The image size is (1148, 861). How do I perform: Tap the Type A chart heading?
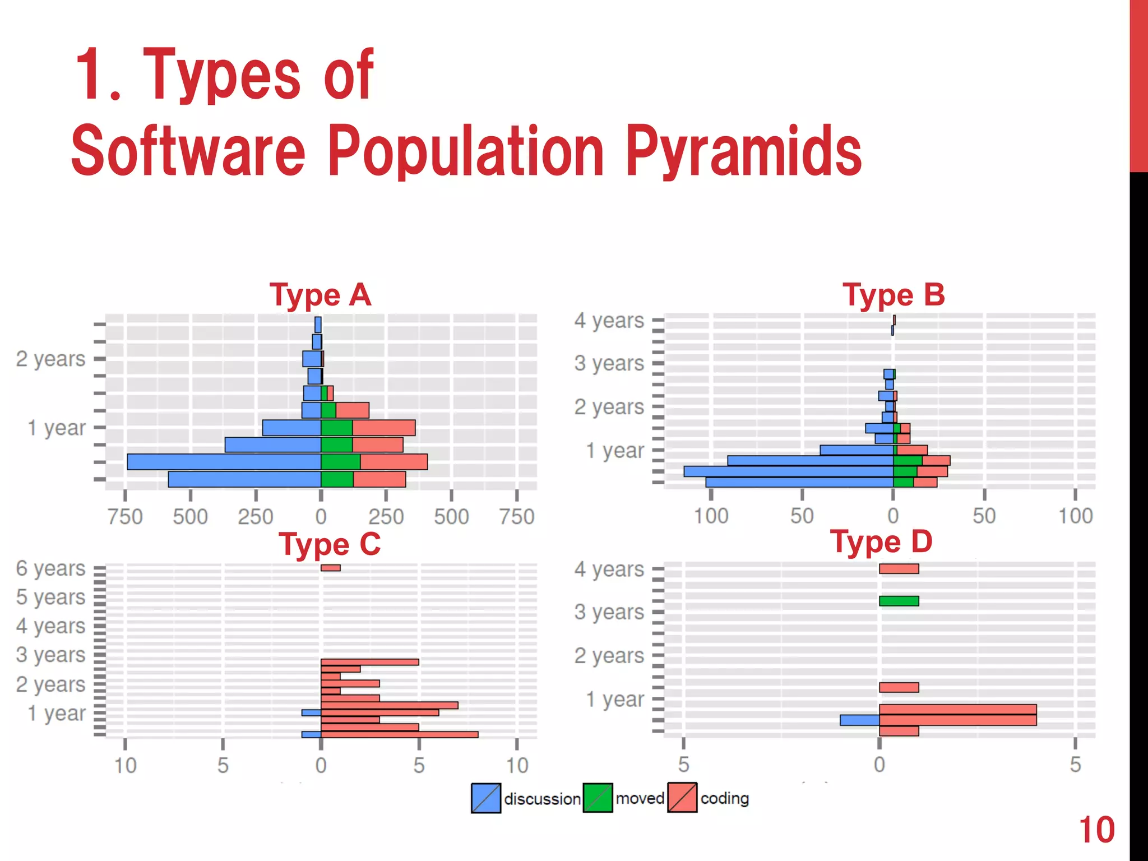320,295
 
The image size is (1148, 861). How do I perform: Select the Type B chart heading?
894,295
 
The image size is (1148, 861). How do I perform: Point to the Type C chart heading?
330,544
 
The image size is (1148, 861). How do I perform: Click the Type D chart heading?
881,542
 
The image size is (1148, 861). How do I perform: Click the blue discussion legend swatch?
486,798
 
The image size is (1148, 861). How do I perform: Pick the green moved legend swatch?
598,798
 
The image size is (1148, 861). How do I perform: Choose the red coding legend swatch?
682,798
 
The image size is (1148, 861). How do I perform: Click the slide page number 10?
1096,830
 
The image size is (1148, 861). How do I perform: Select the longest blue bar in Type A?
224,462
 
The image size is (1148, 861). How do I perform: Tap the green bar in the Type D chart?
899,601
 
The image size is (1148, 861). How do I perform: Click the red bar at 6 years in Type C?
331,568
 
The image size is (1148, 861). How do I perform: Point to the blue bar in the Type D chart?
859,720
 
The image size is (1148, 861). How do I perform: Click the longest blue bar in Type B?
788,471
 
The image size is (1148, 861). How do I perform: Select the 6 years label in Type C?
50,568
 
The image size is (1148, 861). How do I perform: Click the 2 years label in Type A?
50,359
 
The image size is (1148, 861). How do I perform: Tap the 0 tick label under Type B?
893,516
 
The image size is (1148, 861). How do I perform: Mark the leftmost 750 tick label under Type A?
125,516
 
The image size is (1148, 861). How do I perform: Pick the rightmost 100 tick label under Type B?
1075,516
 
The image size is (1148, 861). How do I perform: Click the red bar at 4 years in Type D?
899,569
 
